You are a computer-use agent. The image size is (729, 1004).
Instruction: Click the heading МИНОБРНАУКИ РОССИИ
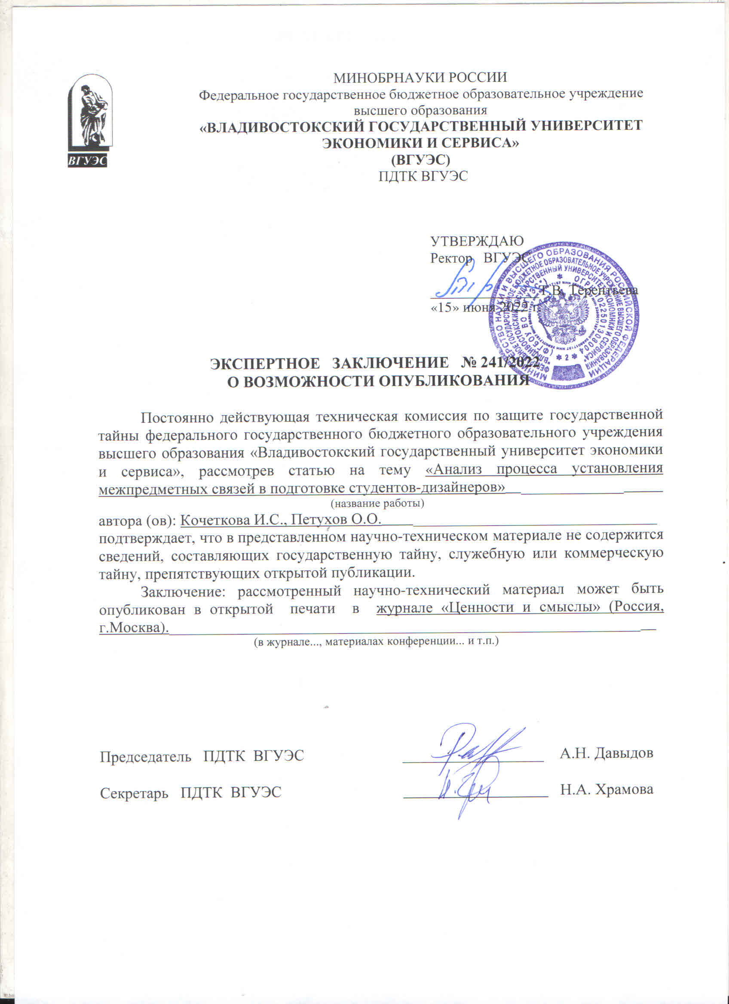(x=420, y=77)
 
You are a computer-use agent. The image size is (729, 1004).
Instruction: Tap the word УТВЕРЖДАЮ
(x=477, y=241)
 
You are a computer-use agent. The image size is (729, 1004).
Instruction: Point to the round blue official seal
(x=565, y=315)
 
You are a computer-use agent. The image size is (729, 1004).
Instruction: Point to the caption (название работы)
(x=377, y=503)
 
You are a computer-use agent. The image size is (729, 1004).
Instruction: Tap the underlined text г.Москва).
(x=134, y=628)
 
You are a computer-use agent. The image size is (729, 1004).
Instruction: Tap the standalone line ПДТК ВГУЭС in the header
(x=423, y=176)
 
